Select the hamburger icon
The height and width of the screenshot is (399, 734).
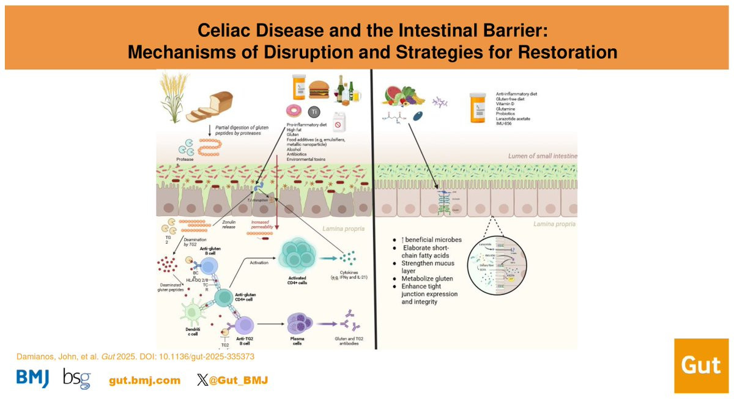(x=320, y=90)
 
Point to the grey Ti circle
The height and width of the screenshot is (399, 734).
(x=314, y=112)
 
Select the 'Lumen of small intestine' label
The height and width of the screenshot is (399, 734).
(x=542, y=156)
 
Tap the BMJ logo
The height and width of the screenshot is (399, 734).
(x=32, y=379)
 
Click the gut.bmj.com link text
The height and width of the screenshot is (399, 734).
(x=145, y=380)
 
